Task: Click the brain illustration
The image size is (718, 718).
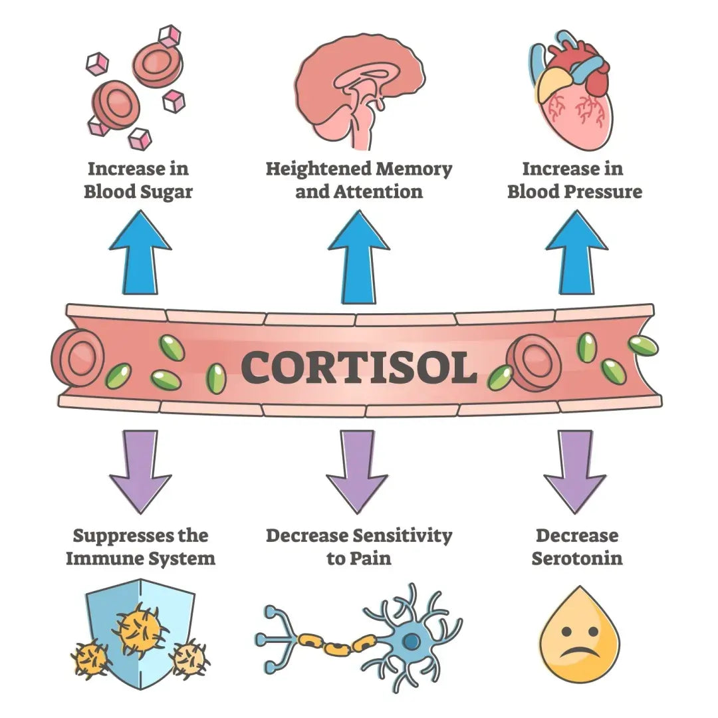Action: pos(358,90)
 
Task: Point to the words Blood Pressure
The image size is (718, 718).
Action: pos(574,191)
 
